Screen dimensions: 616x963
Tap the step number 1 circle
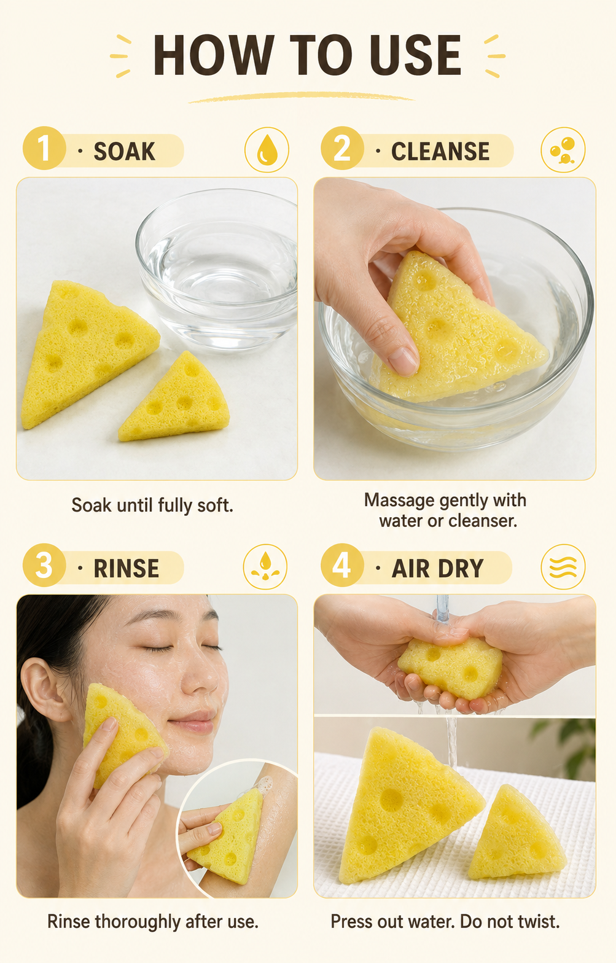44,149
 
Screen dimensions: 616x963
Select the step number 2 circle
342,149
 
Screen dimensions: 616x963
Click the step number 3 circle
44,565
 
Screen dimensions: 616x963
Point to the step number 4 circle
342,565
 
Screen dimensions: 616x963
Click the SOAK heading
124,151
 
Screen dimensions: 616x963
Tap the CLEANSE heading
440,151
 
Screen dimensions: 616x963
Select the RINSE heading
127,568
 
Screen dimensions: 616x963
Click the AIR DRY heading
438,568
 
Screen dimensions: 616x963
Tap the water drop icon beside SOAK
267,150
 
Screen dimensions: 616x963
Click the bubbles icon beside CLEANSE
563,150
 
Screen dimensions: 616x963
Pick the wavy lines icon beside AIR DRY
563,567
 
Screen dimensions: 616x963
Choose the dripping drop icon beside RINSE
265,567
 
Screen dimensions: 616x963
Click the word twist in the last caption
539,922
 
